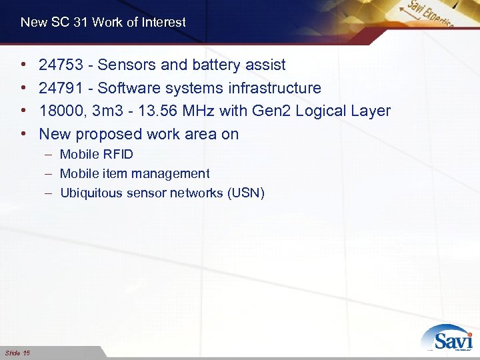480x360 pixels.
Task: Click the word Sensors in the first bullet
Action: tap(129, 65)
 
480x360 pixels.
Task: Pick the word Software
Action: tap(128, 88)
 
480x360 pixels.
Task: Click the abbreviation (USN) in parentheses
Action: tap(245, 193)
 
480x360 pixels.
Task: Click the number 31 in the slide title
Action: tap(81, 23)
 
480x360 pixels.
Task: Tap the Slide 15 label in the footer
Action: tap(17, 352)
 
